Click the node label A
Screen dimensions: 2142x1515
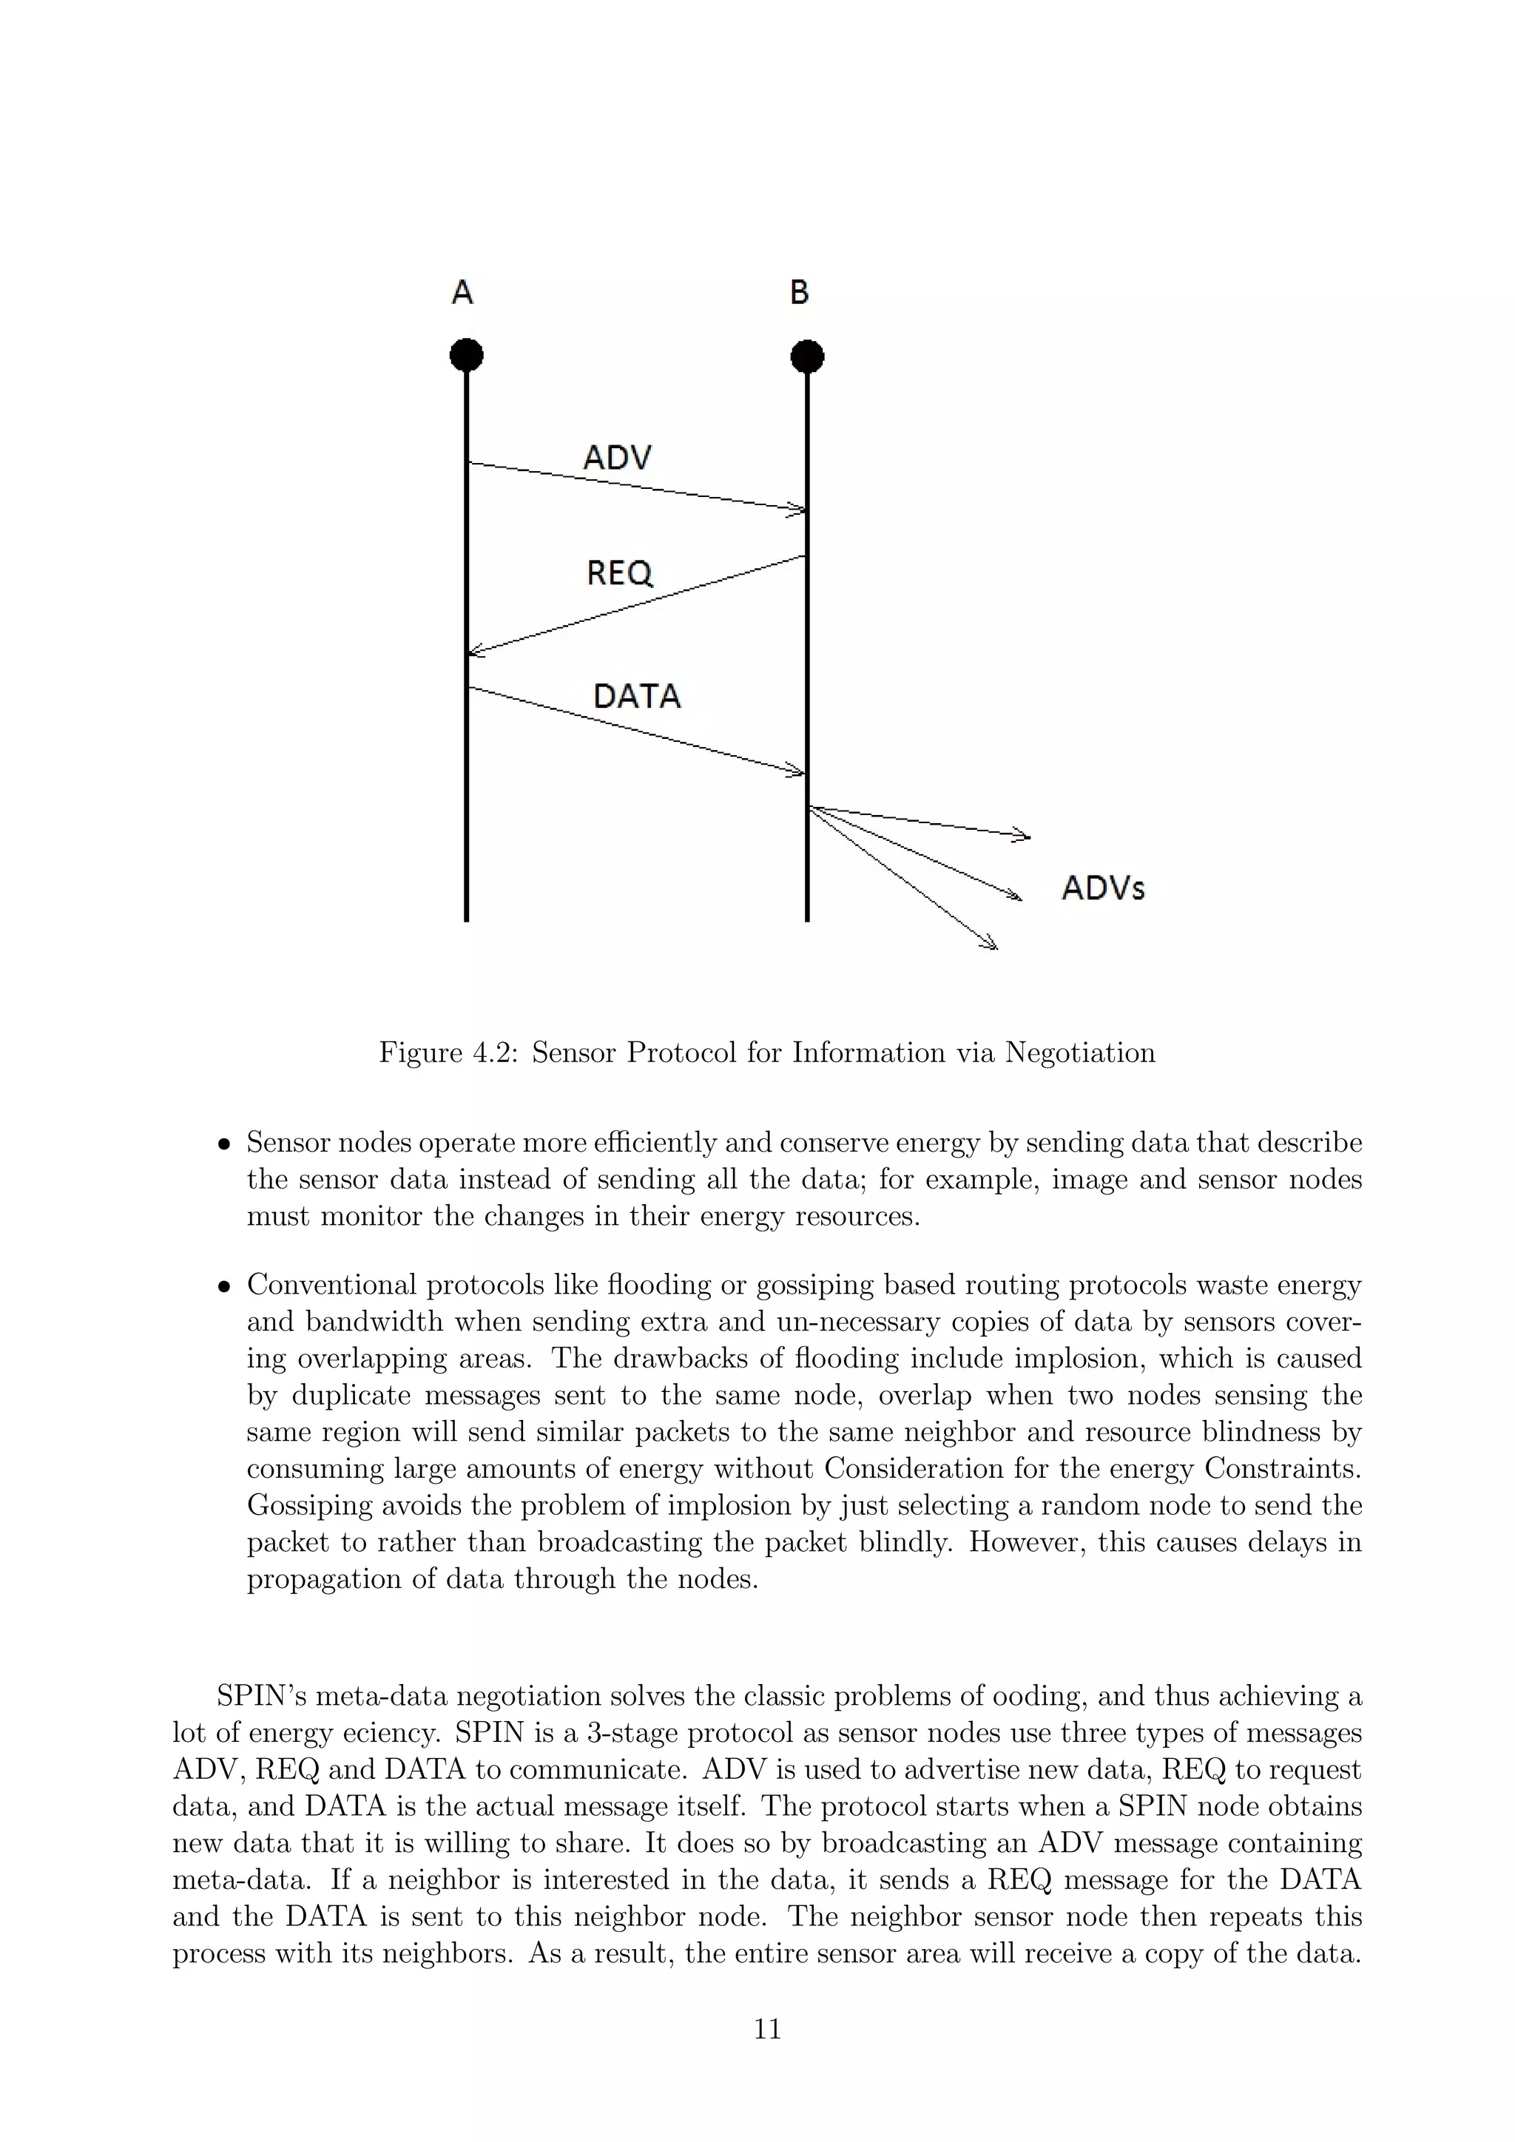point(462,293)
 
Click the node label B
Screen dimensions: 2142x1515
point(800,293)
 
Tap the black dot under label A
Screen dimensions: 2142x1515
point(467,356)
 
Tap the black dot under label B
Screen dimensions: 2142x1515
point(807,357)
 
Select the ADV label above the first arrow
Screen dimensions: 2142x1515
point(617,457)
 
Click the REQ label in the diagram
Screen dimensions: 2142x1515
point(619,572)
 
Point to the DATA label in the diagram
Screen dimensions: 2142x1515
point(637,696)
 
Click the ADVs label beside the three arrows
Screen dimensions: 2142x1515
point(1103,888)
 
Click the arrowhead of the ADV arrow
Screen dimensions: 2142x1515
point(797,510)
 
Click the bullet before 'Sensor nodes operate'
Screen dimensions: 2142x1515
point(224,1145)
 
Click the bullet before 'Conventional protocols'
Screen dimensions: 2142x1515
point(224,1288)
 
